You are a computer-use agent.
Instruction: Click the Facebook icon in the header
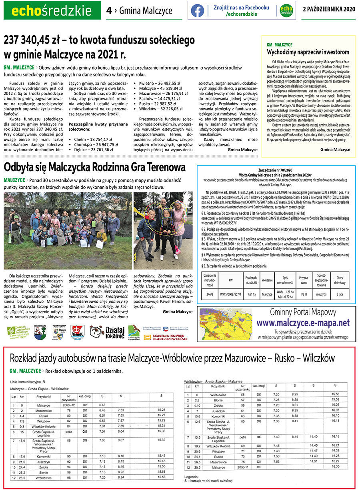point(197,11)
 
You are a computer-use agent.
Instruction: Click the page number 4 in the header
point(109,10)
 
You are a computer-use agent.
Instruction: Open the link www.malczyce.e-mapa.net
point(303,323)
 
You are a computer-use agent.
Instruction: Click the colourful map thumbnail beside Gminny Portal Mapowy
point(224,324)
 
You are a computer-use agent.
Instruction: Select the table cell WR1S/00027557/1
point(230,294)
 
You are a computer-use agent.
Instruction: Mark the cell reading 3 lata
point(340,294)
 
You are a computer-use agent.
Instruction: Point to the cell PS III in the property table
point(304,294)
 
